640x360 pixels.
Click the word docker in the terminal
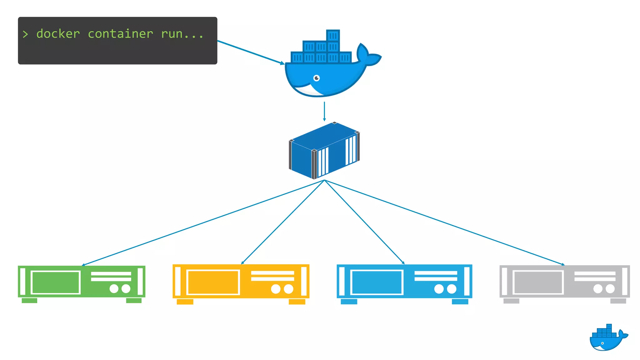[58, 34]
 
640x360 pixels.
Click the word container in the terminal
[120, 34]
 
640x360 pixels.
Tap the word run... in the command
[182, 34]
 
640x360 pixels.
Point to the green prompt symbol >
[25, 34]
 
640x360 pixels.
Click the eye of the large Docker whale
[317, 78]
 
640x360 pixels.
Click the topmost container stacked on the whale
[333, 36]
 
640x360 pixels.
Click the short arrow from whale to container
[324, 111]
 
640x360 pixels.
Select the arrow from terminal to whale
[250, 52]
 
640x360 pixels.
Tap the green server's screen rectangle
[56, 282]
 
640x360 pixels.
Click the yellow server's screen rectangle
[213, 282]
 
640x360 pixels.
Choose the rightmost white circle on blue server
[452, 289]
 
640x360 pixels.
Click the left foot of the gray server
[511, 301]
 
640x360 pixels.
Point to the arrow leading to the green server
[203, 223]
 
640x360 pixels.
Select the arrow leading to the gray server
[444, 222]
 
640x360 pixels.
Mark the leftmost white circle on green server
[114, 288]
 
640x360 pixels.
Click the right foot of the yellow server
[297, 302]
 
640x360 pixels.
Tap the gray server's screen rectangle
[538, 282]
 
